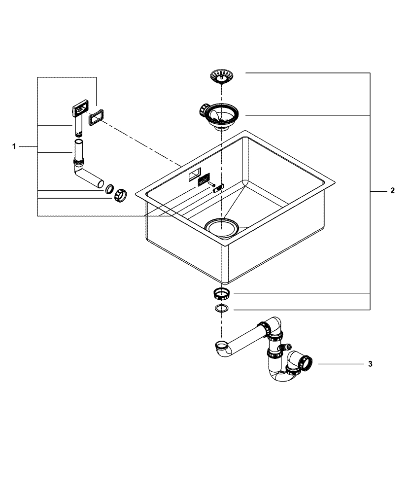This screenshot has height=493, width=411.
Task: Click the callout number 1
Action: (15, 146)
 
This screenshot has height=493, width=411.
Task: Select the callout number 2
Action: (392, 191)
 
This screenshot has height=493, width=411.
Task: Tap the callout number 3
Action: (370, 364)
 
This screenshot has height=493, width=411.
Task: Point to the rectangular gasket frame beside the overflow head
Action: (95, 118)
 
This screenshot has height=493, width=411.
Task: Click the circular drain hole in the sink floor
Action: (221, 228)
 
